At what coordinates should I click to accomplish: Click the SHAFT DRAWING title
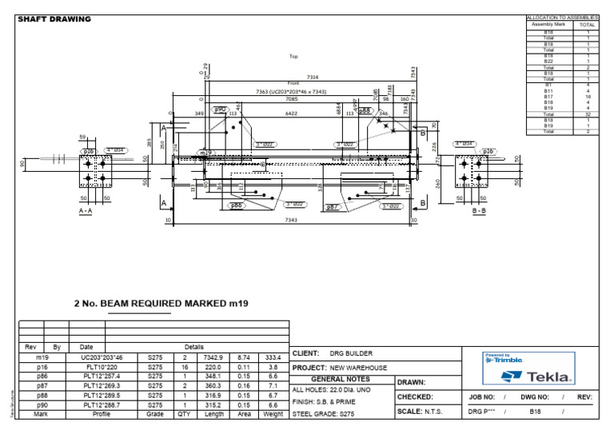click(x=54, y=19)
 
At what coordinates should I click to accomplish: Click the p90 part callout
click(x=220, y=110)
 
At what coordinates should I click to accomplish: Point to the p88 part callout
click(x=365, y=111)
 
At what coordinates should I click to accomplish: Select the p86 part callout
click(x=237, y=206)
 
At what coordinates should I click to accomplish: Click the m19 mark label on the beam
click(x=206, y=152)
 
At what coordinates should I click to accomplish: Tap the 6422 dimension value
click(x=291, y=114)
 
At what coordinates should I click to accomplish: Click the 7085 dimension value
click(x=287, y=100)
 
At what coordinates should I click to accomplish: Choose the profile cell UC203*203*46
click(x=102, y=357)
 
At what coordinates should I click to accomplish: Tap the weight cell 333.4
click(x=273, y=357)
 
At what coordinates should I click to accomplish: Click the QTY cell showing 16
click(x=184, y=367)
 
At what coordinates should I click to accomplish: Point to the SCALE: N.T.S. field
click(x=421, y=412)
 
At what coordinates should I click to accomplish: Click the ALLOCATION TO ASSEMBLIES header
click(x=562, y=17)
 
